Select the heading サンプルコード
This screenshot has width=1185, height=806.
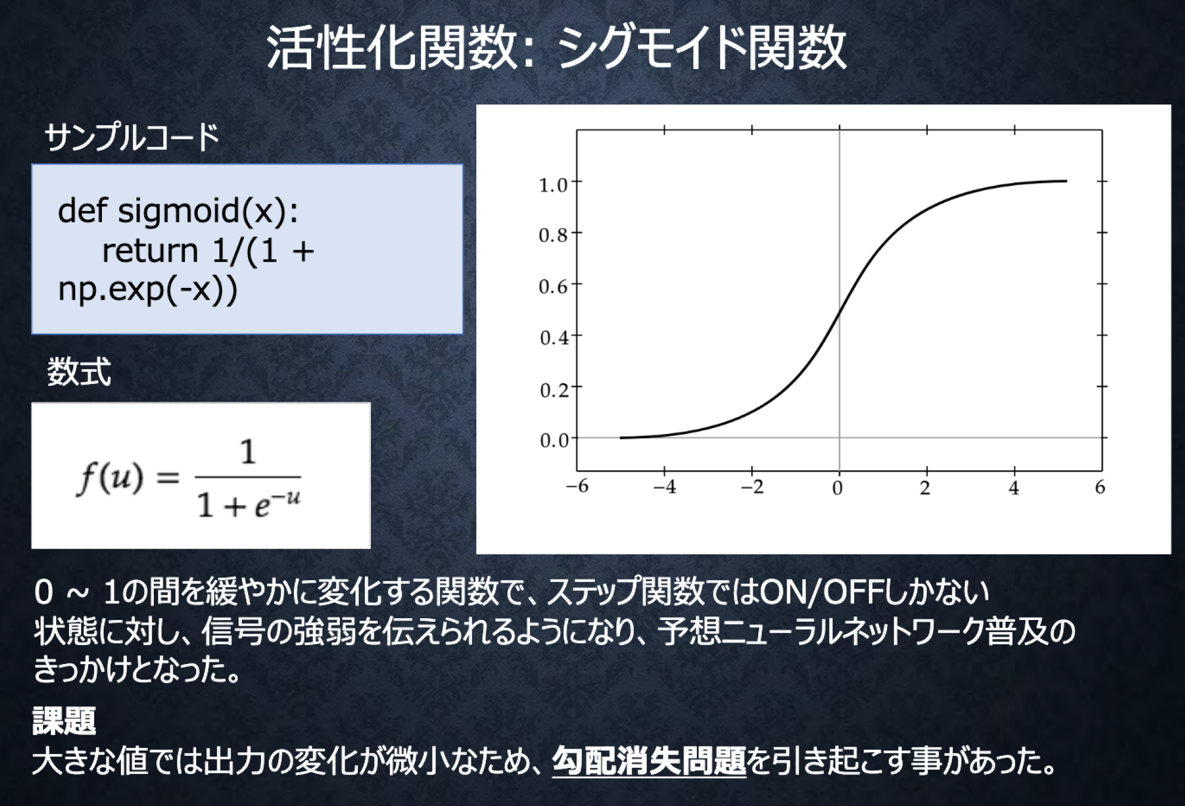click(x=132, y=138)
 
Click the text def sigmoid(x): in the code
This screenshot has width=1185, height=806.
click(x=178, y=211)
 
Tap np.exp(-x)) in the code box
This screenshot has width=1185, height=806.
click(x=148, y=290)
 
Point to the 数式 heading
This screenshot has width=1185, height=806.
click(x=79, y=372)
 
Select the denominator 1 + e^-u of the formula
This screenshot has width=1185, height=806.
click(x=249, y=506)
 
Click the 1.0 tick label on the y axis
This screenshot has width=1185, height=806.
click(x=553, y=185)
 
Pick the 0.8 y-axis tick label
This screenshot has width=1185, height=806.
click(x=553, y=236)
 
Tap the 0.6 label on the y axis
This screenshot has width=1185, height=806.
click(x=553, y=287)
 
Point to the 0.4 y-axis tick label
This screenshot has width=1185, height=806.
click(x=554, y=339)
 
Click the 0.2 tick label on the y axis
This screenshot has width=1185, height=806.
click(x=554, y=390)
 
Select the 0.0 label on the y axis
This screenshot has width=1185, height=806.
click(x=554, y=441)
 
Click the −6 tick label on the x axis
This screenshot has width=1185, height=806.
click(x=577, y=487)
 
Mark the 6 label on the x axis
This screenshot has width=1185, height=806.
click(x=1100, y=488)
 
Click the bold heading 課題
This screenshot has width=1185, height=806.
click(x=64, y=721)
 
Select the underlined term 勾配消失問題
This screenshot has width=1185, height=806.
click(x=649, y=761)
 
